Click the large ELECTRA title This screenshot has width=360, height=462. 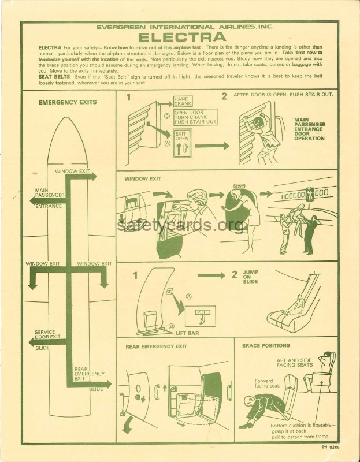coord(180,37)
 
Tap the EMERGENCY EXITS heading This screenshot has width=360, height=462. coord(67,102)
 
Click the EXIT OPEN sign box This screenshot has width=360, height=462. coord(182,143)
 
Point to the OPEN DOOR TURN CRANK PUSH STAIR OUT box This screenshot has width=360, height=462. coord(195,117)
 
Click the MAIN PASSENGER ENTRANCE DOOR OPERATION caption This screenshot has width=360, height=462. coord(310,130)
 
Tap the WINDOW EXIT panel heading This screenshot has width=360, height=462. coord(143,178)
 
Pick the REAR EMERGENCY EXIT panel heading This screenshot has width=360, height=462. coord(156,346)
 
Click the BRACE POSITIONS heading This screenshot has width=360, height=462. coord(266,345)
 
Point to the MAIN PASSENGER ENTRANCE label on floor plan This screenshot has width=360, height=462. coord(49,197)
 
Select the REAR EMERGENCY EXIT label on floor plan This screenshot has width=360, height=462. coord(88,374)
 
